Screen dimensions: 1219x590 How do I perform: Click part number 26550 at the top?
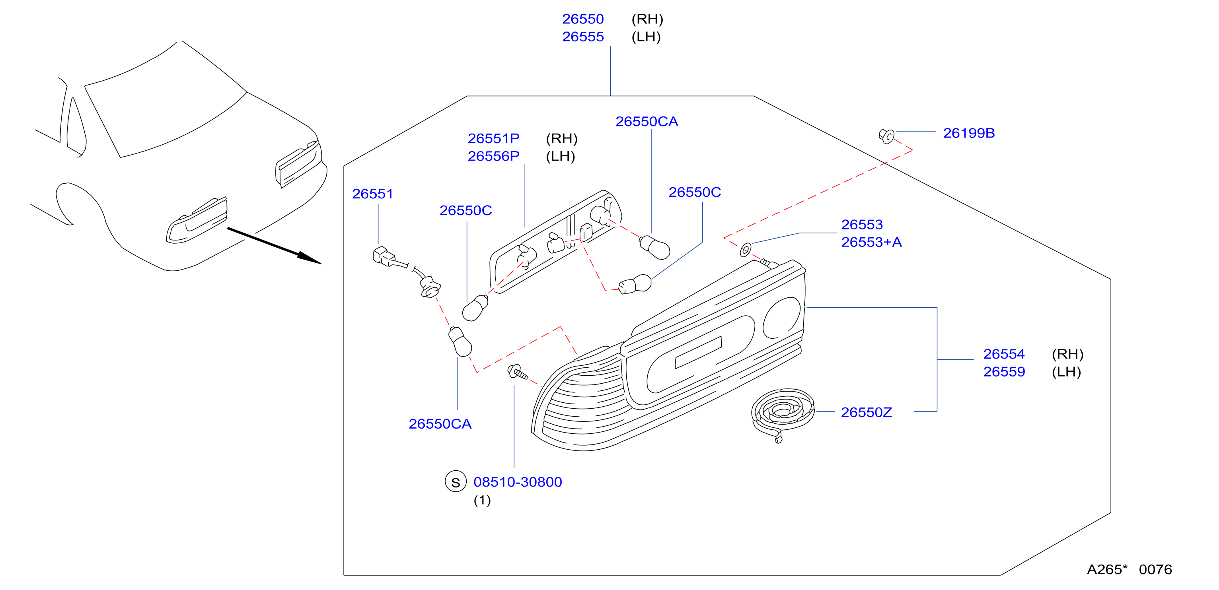pyautogui.click(x=582, y=19)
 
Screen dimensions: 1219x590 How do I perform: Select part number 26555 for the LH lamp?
pyautogui.click(x=582, y=37)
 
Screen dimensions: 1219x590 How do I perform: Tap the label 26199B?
pyautogui.click(x=969, y=133)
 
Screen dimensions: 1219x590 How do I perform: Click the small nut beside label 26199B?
pyautogui.click(x=886, y=136)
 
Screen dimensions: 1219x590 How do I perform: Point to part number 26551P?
pyautogui.click(x=493, y=138)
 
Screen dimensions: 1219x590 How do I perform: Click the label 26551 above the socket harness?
pyautogui.click(x=372, y=194)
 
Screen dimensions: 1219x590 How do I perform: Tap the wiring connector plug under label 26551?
pyautogui.click(x=384, y=256)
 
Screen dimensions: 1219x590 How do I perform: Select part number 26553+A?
pyautogui.click(x=871, y=242)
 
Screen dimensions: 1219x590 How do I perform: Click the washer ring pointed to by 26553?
pyautogui.click(x=745, y=249)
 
